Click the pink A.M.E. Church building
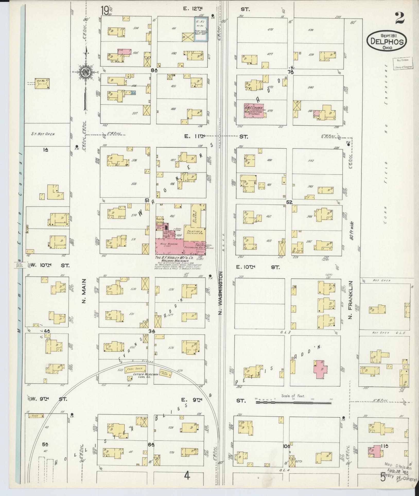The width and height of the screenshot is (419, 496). pyautogui.click(x=254, y=111)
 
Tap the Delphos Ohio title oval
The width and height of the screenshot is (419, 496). pyautogui.click(x=387, y=41)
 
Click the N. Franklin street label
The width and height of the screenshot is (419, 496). pyautogui.click(x=351, y=303)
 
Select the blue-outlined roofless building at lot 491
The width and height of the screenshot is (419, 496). pyautogui.click(x=201, y=29)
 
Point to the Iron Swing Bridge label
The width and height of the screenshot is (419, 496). pyautogui.click(x=19, y=265)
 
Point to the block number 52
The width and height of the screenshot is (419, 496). pyautogui.click(x=290, y=203)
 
